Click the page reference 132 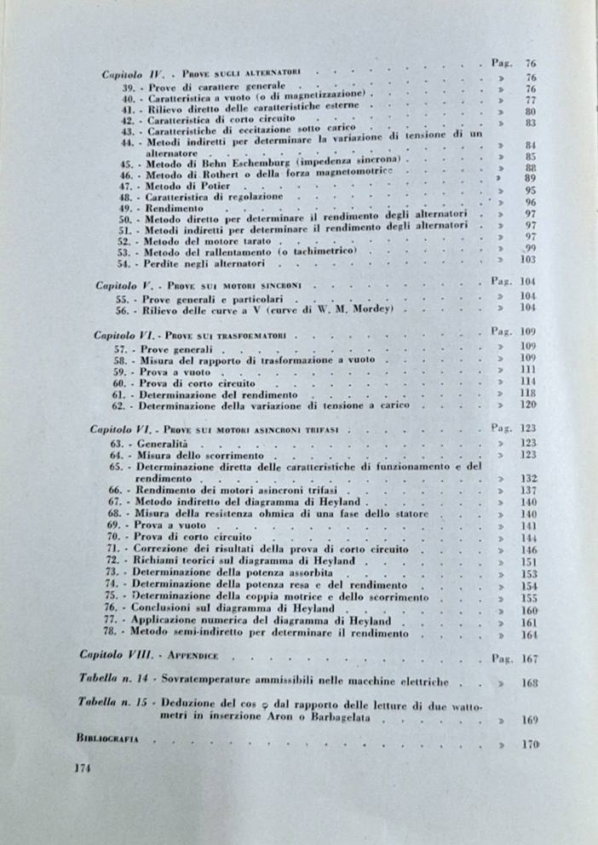[x=530, y=480]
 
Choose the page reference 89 [x=529, y=177]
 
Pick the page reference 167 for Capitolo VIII [x=532, y=658]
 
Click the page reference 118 [x=529, y=394]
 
